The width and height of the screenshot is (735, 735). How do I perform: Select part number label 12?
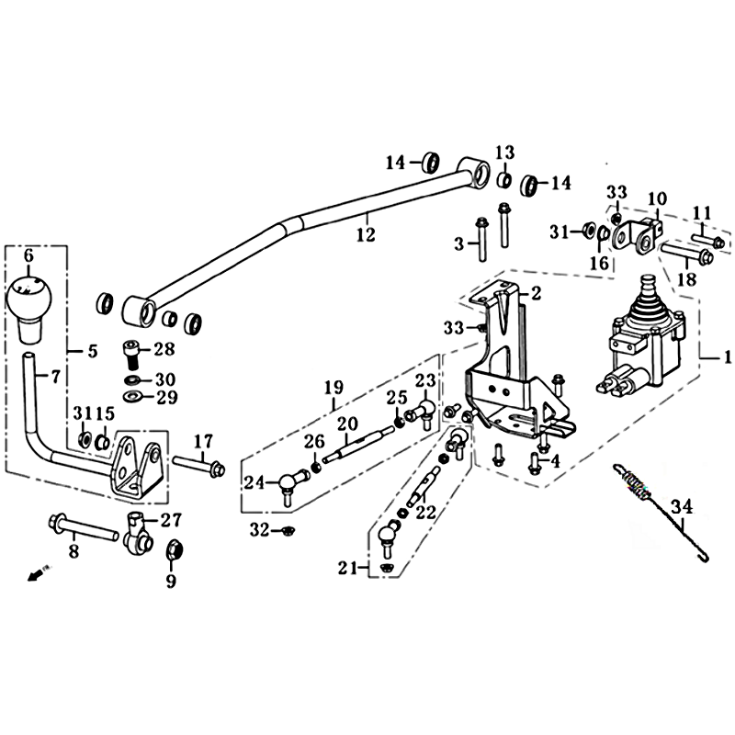pyautogui.click(x=366, y=234)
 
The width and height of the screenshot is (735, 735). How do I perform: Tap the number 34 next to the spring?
pyautogui.click(x=682, y=507)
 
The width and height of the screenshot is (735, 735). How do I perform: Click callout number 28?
pyautogui.click(x=164, y=350)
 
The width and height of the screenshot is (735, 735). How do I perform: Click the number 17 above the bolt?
pyautogui.click(x=202, y=442)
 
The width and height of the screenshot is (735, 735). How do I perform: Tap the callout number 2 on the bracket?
pyautogui.click(x=536, y=293)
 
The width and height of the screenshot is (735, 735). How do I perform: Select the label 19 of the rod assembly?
pyautogui.click(x=334, y=388)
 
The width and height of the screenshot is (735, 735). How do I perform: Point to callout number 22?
pyautogui.click(x=425, y=513)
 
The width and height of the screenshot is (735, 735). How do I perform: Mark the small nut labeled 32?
pyautogui.click(x=286, y=531)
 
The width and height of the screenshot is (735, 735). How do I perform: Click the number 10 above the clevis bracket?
pyautogui.click(x=657, y=198)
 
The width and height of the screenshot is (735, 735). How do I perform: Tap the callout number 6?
pyautogui.click(x=28, y=255)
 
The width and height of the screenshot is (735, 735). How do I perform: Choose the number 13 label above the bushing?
pyautogui.click(x=505, y=153)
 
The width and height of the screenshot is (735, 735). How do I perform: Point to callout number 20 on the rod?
pyautogui.click(x=347, y=424)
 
